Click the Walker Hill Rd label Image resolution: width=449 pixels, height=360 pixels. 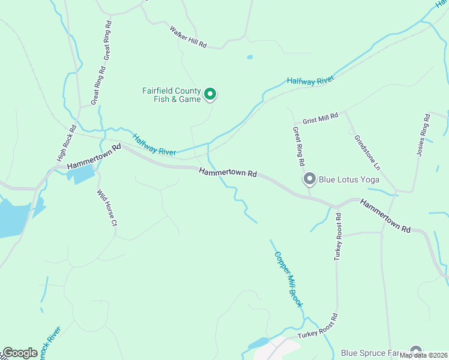[188, 37]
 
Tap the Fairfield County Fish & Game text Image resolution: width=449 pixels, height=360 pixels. [171, 95]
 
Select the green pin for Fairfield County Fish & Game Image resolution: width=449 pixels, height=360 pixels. [210, 94]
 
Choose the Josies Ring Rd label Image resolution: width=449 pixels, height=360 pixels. [423, 135]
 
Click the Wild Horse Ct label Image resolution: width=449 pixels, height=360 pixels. [106, 208]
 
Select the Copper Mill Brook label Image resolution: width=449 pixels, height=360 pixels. [289, 279]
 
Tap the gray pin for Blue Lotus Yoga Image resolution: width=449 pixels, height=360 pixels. [310, 179]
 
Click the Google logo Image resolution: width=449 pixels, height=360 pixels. [20, 353]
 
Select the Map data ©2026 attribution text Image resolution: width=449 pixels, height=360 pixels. [424, 355]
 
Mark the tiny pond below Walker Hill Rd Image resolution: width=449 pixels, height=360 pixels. [249, 58]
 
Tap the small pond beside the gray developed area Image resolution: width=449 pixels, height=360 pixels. [258, 343]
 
